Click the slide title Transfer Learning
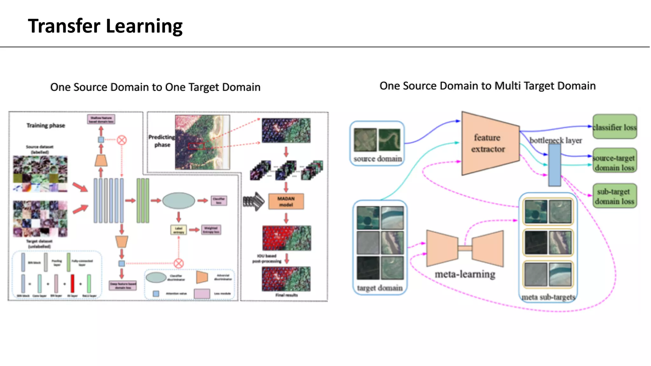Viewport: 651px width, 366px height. coord(105,26)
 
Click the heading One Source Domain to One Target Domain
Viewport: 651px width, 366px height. coord(155,87)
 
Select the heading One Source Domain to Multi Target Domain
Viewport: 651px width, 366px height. coord(487,86)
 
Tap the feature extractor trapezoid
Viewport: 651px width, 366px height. coord(488,143)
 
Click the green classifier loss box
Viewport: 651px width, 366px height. coord(614,127)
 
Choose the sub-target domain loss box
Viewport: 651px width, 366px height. coord(614,196)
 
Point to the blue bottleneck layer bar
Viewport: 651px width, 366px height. coord(554,165)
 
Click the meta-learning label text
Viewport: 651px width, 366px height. coord(465,274)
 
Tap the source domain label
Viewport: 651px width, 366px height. coord(377,159)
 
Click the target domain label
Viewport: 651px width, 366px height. coord(380,288)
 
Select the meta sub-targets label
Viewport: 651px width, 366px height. coord(548,297)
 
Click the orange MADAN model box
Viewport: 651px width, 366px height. coord(286,201)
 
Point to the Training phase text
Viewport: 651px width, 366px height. coord(45,125)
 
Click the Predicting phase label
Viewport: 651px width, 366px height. coord(162,141)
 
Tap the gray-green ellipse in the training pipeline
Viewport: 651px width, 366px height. coord(178,200)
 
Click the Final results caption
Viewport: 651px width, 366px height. coord(286,295)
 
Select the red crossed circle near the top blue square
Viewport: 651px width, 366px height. coord(121,140)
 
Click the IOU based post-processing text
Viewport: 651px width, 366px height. coord(267,258)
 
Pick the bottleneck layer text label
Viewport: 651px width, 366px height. coord(555,140)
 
